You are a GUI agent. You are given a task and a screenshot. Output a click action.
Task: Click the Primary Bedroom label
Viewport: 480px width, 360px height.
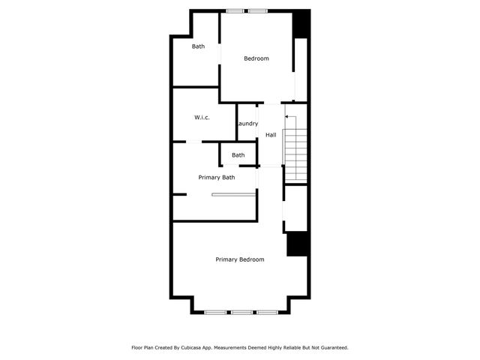click(240, 259)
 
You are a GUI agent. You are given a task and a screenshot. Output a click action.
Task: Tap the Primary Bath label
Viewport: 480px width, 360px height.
click(217, 178)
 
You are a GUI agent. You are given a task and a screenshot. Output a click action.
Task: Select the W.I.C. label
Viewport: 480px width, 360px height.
click(202, 118)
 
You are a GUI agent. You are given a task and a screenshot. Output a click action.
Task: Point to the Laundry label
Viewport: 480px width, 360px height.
click(247, 124)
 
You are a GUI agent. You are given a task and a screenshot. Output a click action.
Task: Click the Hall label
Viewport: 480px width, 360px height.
click(271, 135)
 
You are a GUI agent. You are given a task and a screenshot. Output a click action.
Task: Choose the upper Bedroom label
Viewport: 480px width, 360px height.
click(256, 58)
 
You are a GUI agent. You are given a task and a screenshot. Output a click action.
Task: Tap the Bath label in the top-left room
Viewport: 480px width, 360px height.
click(198, 46)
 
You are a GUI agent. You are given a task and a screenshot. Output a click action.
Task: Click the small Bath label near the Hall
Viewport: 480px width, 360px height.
click(238, 155)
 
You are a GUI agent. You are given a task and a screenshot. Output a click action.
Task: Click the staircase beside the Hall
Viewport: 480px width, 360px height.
click(295, 154)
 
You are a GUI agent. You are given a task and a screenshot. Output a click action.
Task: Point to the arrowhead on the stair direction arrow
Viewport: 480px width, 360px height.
click(286, 117)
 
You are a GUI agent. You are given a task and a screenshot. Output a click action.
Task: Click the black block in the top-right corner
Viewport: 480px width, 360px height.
click(301, 24)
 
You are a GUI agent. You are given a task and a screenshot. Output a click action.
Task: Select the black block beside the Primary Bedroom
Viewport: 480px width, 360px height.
click(298, 244)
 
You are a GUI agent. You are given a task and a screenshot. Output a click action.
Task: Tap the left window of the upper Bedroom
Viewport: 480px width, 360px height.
click(235, 11)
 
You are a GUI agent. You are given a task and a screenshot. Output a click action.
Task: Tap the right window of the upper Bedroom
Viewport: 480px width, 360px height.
click(259, 11)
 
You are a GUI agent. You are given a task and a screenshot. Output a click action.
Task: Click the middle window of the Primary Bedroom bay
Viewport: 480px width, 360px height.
click(241, 311)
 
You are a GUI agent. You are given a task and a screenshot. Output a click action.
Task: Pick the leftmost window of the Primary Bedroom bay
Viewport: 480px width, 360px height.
click(217, 311)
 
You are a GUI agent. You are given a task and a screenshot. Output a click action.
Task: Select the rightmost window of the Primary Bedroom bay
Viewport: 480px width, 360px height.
click(267, 311)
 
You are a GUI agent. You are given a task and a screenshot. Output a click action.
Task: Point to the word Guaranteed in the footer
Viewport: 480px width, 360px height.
click(331, 348)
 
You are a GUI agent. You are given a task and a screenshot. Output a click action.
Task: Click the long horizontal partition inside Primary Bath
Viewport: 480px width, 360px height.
click(234, 195)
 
